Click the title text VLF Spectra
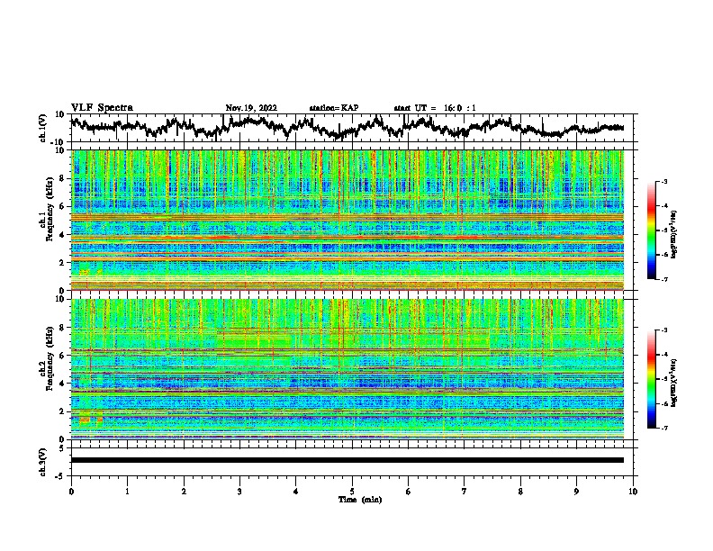pos(102,107)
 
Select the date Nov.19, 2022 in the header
pos(251,108)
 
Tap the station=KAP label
pos(333,108)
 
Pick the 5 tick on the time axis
pos(352,491)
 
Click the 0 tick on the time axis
pos(71,491)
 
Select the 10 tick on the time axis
pos(633,491)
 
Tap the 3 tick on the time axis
pos(239,491)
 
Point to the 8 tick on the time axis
pos(520,491)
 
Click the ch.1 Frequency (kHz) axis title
pos(44,215)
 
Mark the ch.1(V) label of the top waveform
pos(44,128)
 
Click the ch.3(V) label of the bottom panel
pos(44,460)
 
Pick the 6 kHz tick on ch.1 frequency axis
pos(63,207)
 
